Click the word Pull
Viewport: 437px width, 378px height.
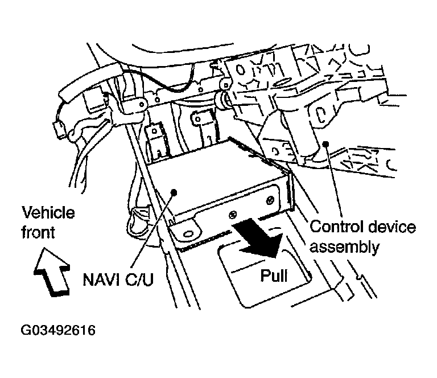click(274, 276)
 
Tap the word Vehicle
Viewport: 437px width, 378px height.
click(48, 213)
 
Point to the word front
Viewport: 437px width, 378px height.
click(39, 232)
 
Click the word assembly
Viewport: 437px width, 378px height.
click(344, 246)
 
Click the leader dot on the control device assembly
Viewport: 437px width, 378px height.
click(325, 143)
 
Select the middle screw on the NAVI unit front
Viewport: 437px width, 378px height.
click(232, 215)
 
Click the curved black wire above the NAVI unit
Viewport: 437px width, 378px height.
click(171, 86)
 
